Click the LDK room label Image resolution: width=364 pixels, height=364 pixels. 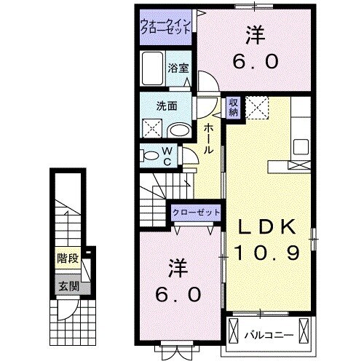click(x=268, y=229)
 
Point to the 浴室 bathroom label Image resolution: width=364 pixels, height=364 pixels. click(x=178, y=70)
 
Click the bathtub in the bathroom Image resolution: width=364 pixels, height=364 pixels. click(x=154, y=71)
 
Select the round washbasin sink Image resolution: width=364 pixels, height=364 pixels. click(x=179, y=130)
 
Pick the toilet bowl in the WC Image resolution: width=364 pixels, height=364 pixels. click(x=149, y=154)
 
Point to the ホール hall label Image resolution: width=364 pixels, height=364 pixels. click(x=209, y=138)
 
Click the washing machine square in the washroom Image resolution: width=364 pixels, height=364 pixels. click(x=152, y=129)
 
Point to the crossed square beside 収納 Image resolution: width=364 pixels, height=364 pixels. click(x=256, y=107)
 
